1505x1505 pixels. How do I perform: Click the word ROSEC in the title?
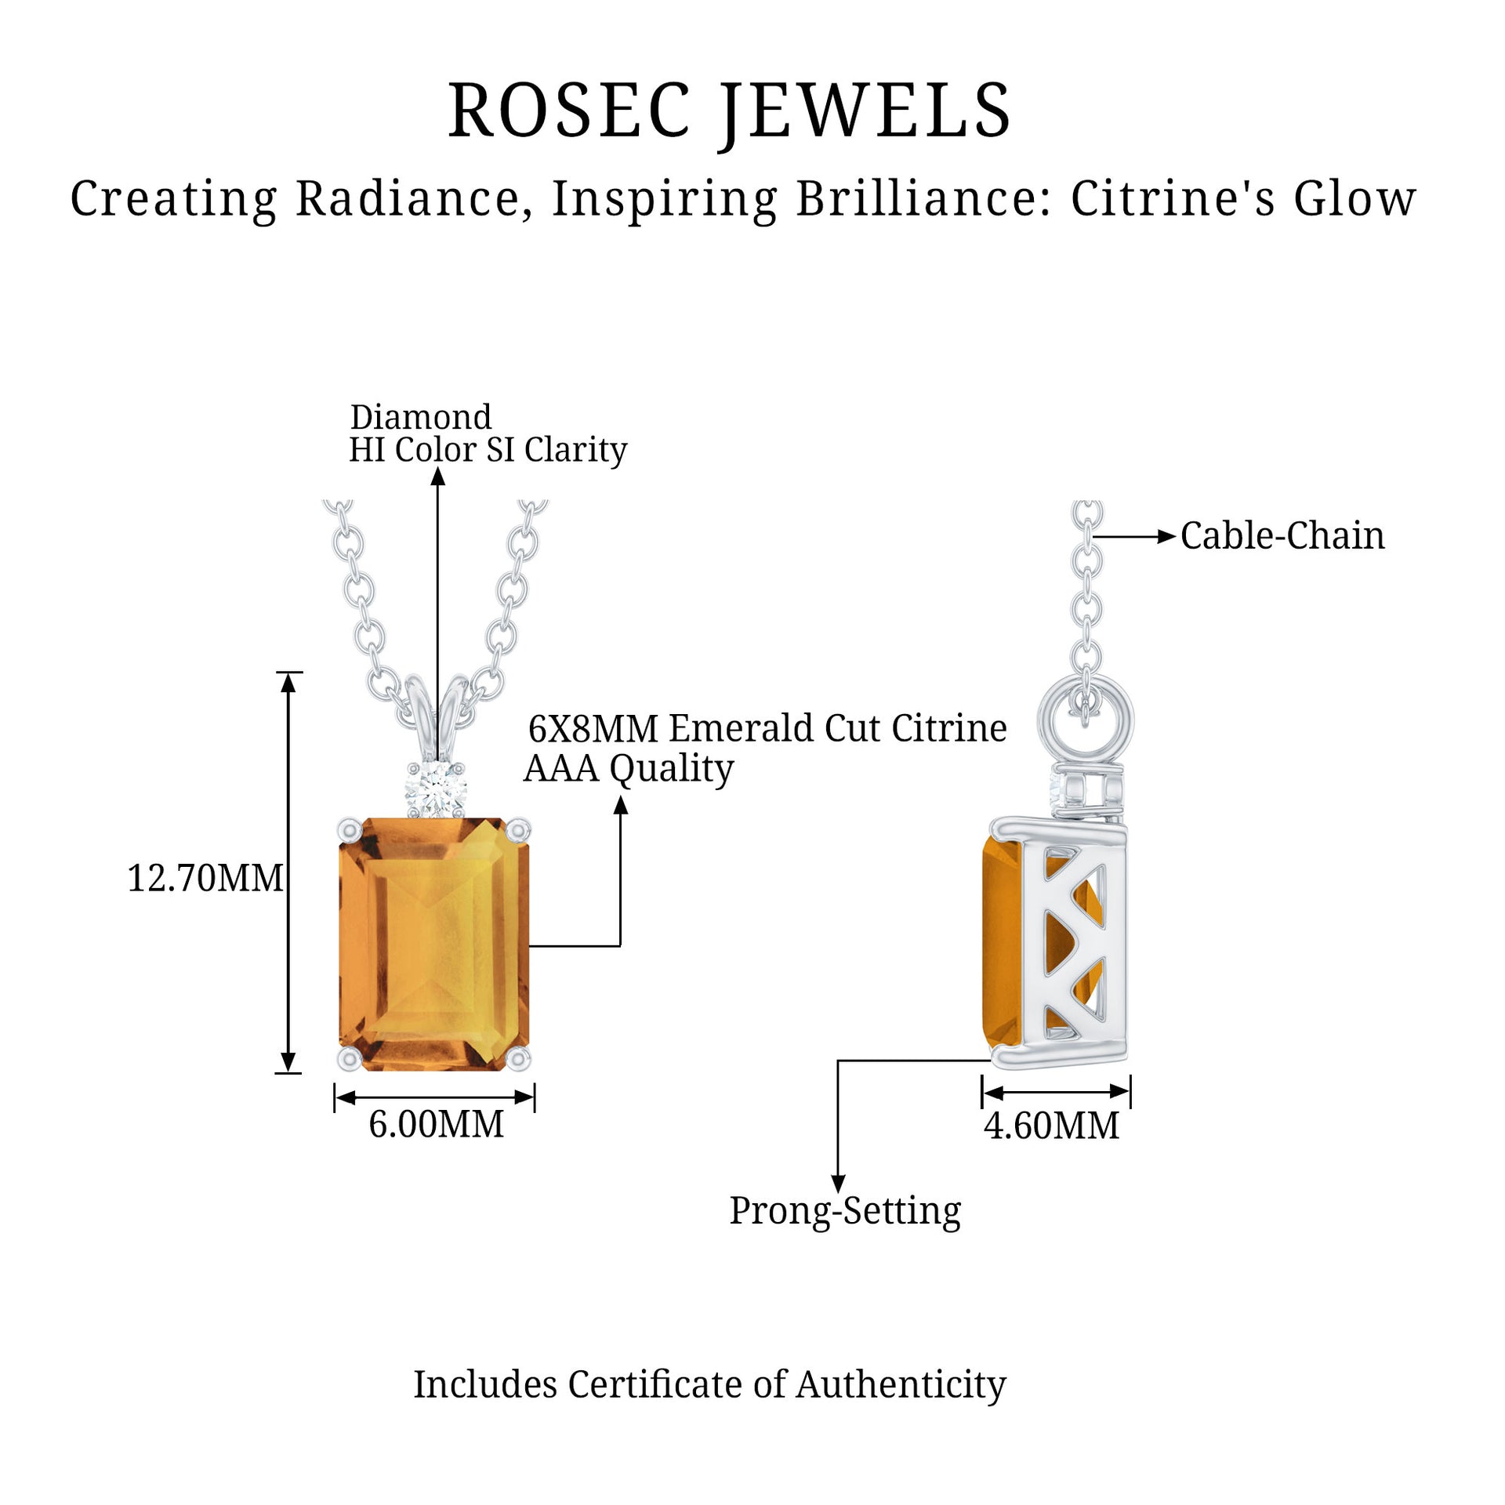point(570,111)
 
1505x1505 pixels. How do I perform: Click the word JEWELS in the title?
point(866,111)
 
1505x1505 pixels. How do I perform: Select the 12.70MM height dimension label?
point(205,879)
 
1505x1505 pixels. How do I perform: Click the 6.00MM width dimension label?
point(437,1125)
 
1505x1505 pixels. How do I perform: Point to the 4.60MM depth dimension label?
point(1051,1126)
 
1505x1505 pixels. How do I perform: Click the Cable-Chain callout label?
point(1282,536)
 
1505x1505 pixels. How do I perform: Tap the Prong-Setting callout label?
point(845,1210)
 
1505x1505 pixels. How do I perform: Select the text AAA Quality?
point(629,768)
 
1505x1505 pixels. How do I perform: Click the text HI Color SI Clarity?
point(488,450)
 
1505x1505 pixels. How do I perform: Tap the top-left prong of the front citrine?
point(350,829)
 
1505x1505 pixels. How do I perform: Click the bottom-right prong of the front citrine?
point(518,1060)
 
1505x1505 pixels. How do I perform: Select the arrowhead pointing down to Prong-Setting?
point(838,1184)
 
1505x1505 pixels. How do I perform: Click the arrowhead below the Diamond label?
point(438,477)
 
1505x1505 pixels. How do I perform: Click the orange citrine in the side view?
point(1000,941)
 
